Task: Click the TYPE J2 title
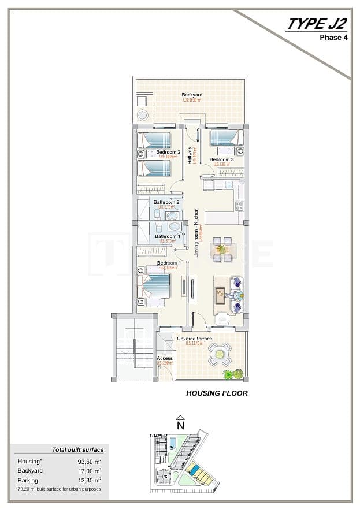pos(317,24)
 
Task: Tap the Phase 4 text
pos(333,38)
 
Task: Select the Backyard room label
pos(192,95)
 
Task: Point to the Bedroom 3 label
pos(221,159)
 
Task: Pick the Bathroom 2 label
pos(166,202)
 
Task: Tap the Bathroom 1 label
pos(167,236)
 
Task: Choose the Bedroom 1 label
pos(169,263)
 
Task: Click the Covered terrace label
pos(194,339)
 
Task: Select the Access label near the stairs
pos(165,359)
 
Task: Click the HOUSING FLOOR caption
pos(217,393)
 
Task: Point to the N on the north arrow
pos(180,426)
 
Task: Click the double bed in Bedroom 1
pos(155,286)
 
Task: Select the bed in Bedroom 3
pos(224,138)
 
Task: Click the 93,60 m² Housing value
pos(89,461)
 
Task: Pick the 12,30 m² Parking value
pos(89,480)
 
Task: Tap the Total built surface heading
pos(78,449)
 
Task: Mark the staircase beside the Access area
pos(133,350)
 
